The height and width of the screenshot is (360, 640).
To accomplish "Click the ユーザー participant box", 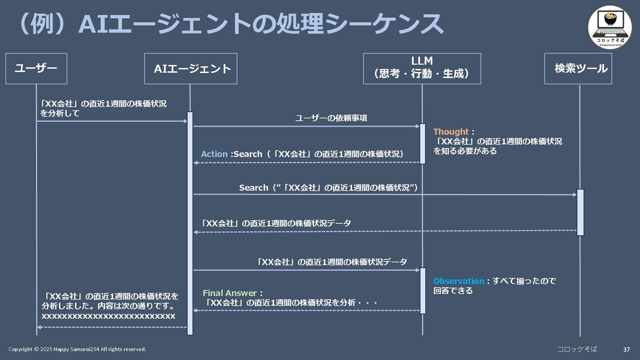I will pyautogui.click(x=36, y=68).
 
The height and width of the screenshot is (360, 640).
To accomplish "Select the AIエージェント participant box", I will pyautogui.click(x=190, y=69).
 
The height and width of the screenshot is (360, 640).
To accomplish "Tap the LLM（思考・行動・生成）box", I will pyautogui.click(x=422, y=68).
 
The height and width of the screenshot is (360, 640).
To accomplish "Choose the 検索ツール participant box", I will pyautogui.click(x=578, y=68).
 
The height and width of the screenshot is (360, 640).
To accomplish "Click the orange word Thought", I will pyautogui.click(x=451, y=132).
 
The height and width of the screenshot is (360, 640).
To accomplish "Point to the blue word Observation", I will pyautogui.click(x=458, y=281).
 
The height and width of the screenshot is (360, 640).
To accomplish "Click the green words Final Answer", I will pyautogui.click(x=230, y=293).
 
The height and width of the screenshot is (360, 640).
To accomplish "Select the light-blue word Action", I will pyautogui.click(x=214, y=154).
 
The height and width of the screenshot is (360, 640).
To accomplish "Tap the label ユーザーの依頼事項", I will pyautogui.click(x=331, y=118).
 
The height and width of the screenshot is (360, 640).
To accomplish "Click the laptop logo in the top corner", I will pyautogui.click(x=609, y=27).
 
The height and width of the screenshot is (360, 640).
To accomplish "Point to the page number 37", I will pyautogui.click(x=626, y=349).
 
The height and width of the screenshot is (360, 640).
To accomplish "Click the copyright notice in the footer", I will pyautogui.click(x=77, y=349).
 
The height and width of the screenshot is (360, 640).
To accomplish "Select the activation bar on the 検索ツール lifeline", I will pyautogui.click(x=580, y=212).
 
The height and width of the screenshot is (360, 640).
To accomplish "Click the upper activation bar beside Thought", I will pyautogui.click(x=422, y=144).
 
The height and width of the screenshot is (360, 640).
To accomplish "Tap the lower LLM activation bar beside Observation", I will pyautogui.click(x=423, y=291).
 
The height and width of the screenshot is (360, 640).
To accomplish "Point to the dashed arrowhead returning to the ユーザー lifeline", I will pyautogui.click(x=39, y=327).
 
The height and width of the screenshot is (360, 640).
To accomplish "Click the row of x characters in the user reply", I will pyautogui.click(x=108, y=316).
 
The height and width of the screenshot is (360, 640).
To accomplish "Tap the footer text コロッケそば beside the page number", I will pyautogui.click(x=577, y=349).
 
